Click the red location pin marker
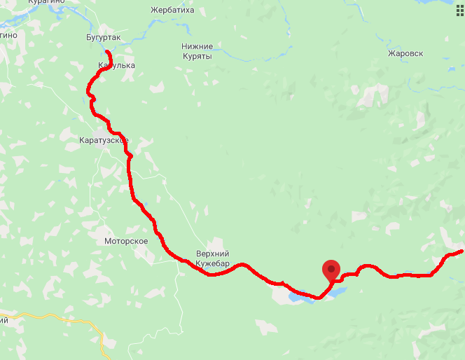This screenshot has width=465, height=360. coord(331,269)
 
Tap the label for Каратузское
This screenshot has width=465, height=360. coord(104,140)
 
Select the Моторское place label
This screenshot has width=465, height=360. coord(125,241)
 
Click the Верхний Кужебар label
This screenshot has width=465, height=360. coord(213,258)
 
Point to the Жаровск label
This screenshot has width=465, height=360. coord(405,53)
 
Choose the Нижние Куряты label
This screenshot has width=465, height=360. coord(197,51)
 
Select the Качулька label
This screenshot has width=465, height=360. coord(116,66)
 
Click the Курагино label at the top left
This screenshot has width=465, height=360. coord(46,2)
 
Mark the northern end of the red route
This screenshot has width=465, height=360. coord(107,52)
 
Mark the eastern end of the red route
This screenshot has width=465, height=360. coord(461,251)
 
